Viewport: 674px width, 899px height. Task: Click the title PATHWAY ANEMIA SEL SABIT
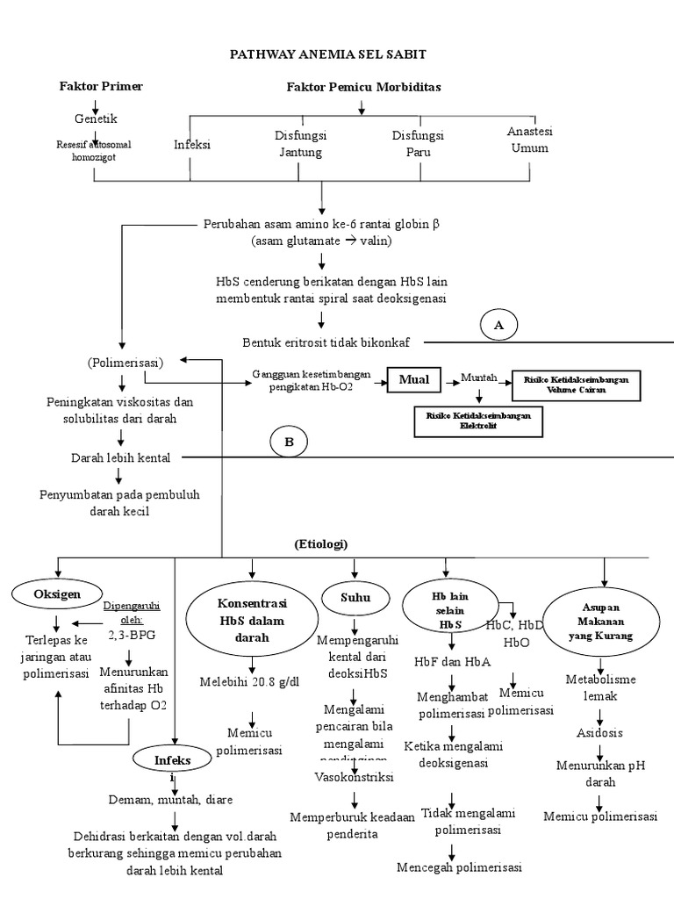coord(327,54)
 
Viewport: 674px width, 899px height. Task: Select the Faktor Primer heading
coord(101,86)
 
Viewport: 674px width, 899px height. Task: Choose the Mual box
coord(413,379)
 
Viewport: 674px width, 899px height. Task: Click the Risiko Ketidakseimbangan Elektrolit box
coord(477,421)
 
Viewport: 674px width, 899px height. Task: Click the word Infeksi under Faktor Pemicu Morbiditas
coord(192,144)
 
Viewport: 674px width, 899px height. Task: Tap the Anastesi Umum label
coord(527,140)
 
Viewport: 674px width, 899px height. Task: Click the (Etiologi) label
coord(321,544)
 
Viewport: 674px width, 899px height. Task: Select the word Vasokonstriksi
coord(354,777)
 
